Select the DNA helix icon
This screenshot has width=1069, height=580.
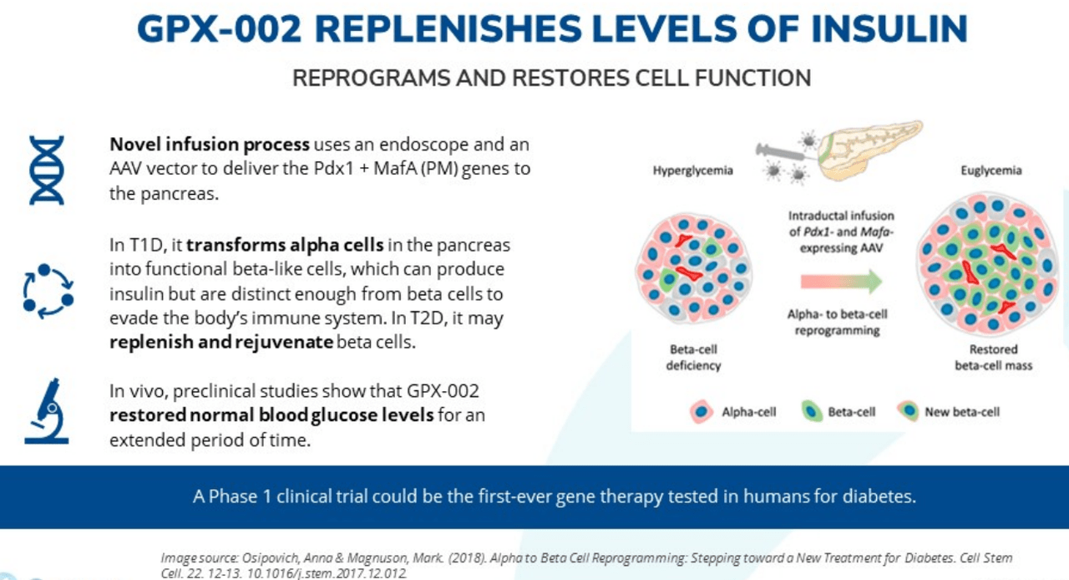[46, 170]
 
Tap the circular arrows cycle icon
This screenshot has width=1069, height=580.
[48, 292]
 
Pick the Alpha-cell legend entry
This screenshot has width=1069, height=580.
[736, 411]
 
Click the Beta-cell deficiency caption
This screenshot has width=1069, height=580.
[694, 358]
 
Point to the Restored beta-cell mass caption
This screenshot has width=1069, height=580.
[993, 358]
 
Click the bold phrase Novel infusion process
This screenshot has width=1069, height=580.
[210, 145]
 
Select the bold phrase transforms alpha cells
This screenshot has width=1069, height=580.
[285, 246]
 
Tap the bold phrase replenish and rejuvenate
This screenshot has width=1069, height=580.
[221, 343]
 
